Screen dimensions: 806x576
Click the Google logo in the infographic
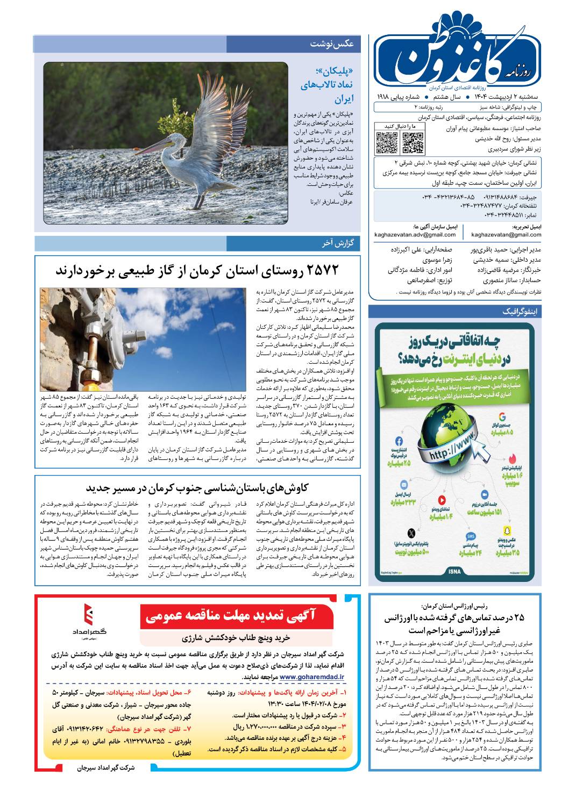(x=502, y=417)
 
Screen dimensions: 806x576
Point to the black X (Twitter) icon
(x=411, y=534)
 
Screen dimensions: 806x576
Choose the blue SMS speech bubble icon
(x=471, y=537)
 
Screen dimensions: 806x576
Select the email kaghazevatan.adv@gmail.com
(x=415, y=234)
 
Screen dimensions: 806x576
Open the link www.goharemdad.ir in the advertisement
(x=312, y=677)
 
